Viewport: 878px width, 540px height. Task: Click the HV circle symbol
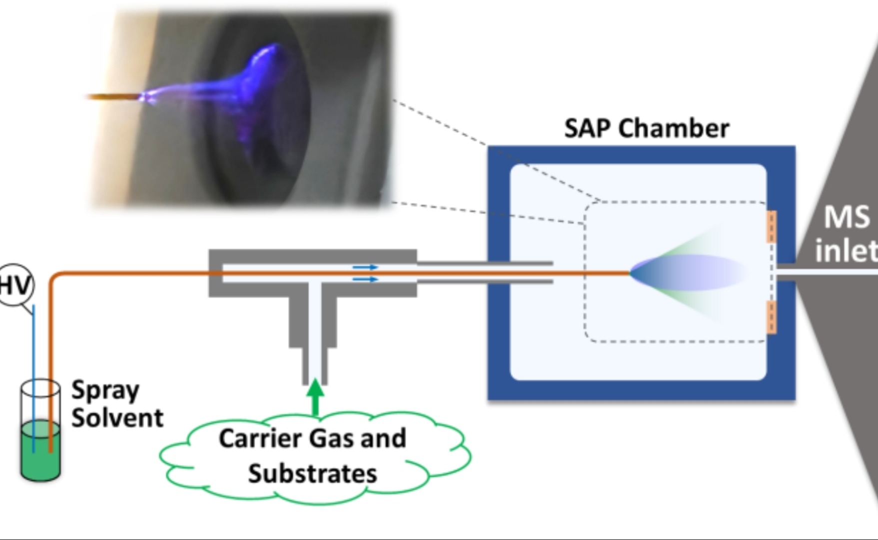(15, 285)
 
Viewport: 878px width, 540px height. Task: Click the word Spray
(105, 391)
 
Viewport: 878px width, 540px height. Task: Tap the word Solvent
(117, 418)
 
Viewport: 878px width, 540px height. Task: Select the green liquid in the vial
(40, 450)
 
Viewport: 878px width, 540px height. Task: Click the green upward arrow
(315, 397)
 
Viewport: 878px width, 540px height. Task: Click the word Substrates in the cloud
(312, 474)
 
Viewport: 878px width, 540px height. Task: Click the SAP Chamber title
(647, 128)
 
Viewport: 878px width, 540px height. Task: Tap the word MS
(847, 217)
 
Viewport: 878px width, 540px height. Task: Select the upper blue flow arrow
(365, 267)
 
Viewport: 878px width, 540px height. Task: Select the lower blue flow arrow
(365, 279)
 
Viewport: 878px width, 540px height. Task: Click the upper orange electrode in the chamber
(772, 227)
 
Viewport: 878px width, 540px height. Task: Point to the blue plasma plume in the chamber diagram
(685, 273)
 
